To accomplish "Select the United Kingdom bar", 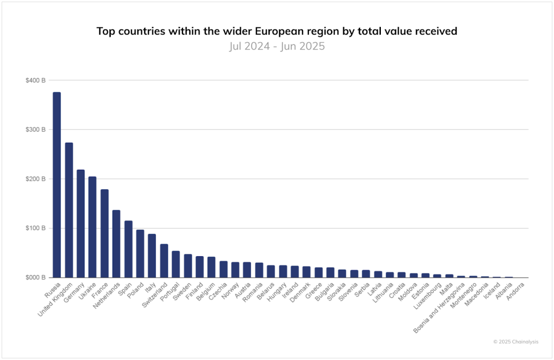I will (x=69, y=210).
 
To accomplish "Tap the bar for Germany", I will (x=81, y=224).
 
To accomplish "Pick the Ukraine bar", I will (x=93, y=227).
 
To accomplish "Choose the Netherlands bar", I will (x=116, y=244).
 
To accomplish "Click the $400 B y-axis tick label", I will (x=35, y=80).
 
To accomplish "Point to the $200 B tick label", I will (x=35, y=179).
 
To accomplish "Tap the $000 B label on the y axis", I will (x=35, y=278).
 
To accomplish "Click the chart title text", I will (x=276, y=31).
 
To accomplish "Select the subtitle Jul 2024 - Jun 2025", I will (x=276, y=46).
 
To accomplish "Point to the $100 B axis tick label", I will (x=35, y=228).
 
